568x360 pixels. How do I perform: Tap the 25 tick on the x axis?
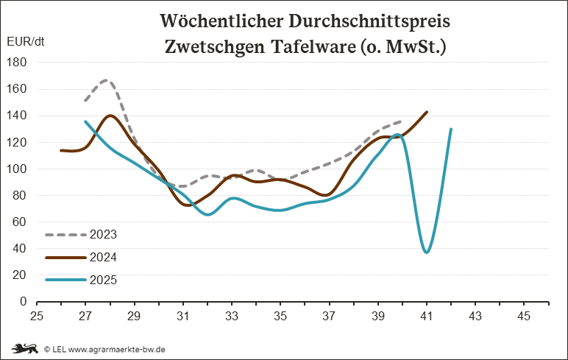37,317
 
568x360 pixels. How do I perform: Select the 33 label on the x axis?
232,317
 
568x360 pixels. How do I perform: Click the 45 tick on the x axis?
524,317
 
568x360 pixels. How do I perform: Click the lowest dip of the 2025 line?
427,253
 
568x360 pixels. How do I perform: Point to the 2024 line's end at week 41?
427,112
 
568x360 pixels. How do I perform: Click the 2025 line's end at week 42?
451,130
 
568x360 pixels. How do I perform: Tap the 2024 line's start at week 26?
61,150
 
